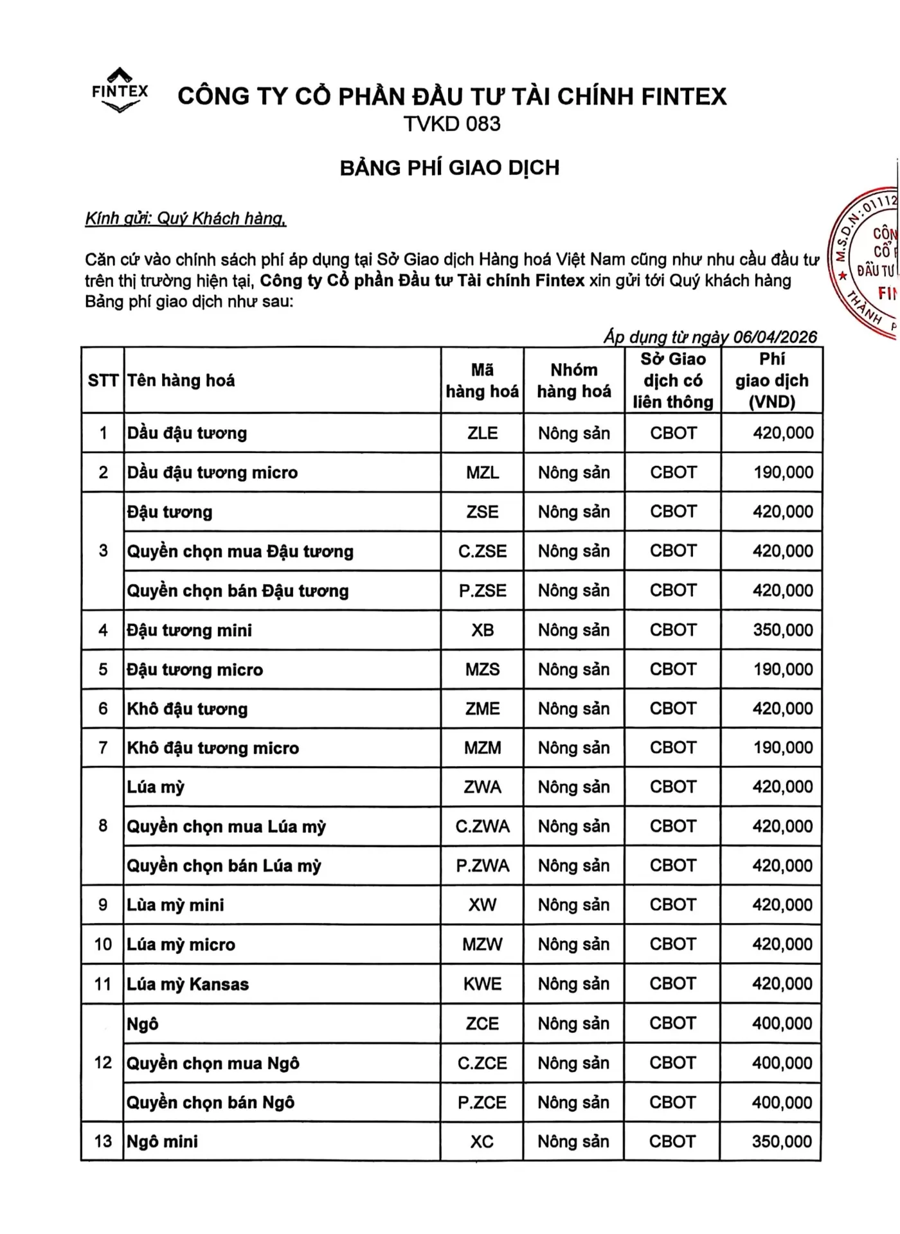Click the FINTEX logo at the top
coord(120,91)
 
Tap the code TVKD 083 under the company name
coord(451,123)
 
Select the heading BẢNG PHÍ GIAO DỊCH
coord(449,168)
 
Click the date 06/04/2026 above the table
coord(775,337)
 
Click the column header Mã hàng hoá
coord(482,380)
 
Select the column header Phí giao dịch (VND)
coord(771,380)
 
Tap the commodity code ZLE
coord(482,433)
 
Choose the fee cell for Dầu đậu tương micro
coord(783,472)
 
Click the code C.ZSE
coord(482,551)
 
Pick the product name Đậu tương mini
coord(190,630)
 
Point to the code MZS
coord(482,670)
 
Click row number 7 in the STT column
coord(103,748)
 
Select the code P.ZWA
coord(482,866)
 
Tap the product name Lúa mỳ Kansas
coord(188,984)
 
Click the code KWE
coord(482,984)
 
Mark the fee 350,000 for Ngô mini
coord(782,1141)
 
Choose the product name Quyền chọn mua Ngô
coord(213,1063)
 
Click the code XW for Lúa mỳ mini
coord(482,905)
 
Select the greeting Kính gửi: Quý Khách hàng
coord(186,219)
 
